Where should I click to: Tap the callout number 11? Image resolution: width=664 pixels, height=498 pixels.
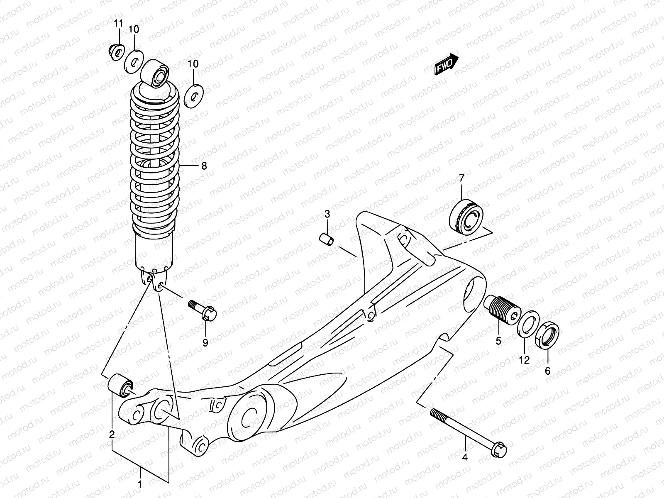pos(119,23)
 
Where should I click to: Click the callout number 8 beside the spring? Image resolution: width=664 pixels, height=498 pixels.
pos(203,166)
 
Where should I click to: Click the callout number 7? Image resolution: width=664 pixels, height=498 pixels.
pos(461,178)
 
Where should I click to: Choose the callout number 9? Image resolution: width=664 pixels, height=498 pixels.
pos(205,342)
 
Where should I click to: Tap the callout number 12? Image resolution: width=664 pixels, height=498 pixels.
pos(525,360)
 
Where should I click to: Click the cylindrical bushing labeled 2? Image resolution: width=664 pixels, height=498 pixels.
pos(120,385)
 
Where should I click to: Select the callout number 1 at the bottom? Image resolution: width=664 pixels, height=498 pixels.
pos(140,484)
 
